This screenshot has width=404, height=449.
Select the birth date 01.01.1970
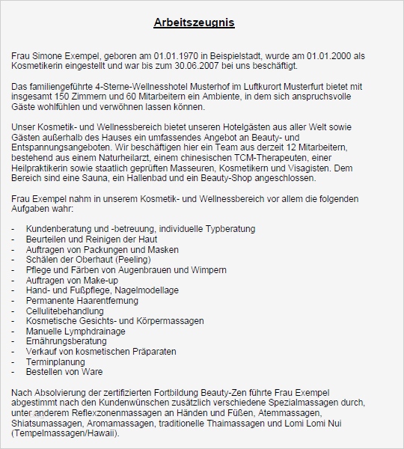[177, 56]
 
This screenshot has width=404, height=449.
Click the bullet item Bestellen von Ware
[64, 372]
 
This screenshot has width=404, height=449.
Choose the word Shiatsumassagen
[43, 422]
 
